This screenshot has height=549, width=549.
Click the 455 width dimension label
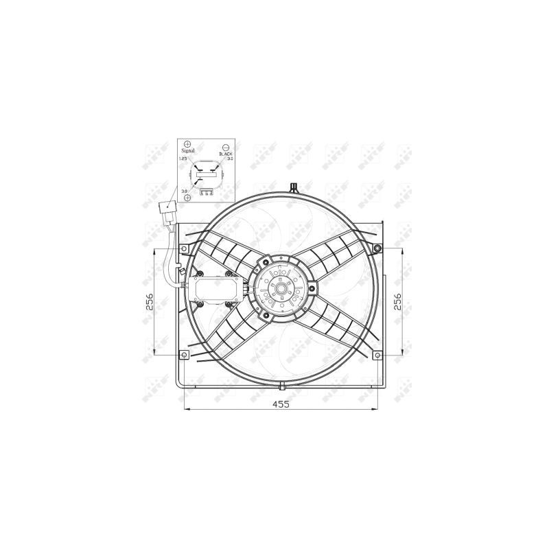281,404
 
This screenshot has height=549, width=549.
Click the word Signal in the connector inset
187,150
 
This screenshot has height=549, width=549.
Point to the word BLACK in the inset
226,154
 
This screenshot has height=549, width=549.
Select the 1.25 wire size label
183,159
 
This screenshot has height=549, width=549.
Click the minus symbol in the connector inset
226,146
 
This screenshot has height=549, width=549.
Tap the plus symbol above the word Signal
187,141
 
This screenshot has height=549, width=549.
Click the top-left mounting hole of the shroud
182,248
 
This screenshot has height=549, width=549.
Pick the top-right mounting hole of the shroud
378,248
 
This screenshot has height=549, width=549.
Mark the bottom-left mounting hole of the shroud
183,355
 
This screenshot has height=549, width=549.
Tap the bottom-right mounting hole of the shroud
378,355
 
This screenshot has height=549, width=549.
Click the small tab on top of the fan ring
294,186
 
